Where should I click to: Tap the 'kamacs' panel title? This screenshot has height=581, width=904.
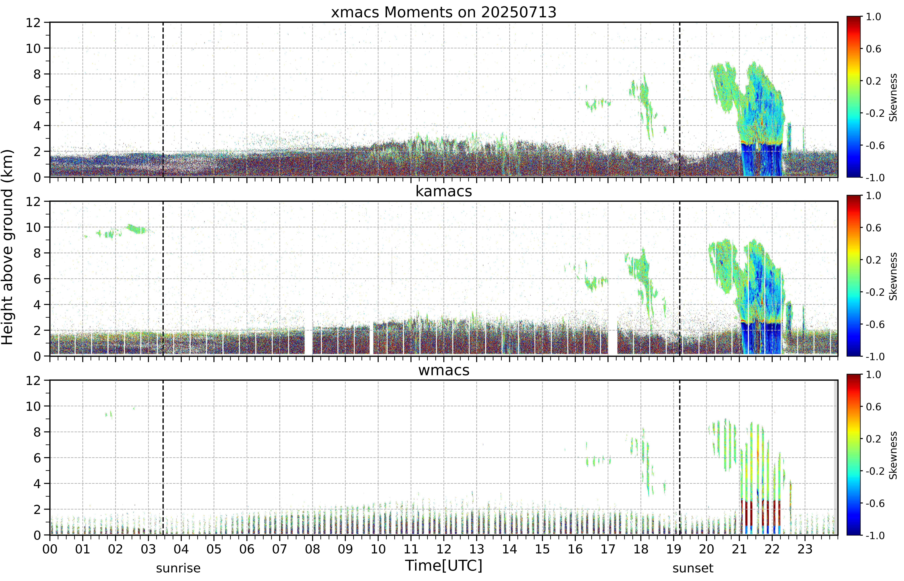pos(444,191)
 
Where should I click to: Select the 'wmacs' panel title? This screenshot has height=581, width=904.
pos(444,370)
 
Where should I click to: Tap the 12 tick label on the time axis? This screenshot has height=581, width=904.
pos(444,549)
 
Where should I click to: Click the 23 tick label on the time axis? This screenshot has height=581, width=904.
pos(805,549)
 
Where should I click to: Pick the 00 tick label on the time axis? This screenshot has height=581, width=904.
pos(50,549)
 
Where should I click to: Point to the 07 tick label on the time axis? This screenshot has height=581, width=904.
pos(279,549)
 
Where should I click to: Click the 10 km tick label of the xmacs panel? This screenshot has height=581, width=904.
pos(33,48)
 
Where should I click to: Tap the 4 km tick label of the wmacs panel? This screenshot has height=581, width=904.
pos(37,484)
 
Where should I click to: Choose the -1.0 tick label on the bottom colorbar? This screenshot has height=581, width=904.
pos(875,535)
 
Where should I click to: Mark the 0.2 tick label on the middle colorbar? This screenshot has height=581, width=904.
pos(873,260)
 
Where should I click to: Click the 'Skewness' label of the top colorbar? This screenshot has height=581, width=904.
pos(893,97)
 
